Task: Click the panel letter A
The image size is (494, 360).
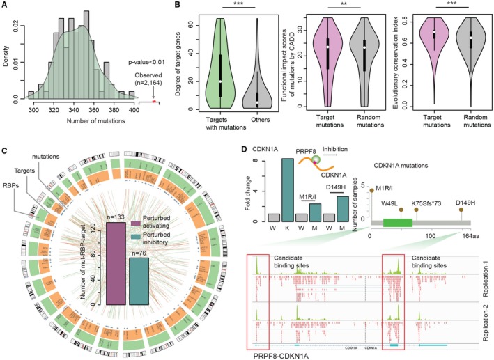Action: tap(5, 6)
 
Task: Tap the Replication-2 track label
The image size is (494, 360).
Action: tap(484, 313)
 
